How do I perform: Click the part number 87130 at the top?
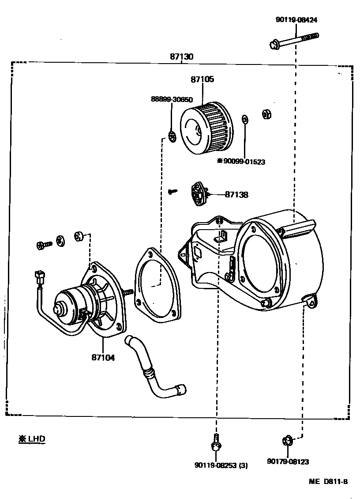pos(181,57)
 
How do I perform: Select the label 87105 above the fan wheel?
pos(202,79)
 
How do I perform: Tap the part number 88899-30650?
pos(172,100)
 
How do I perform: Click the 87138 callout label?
pos(236,194)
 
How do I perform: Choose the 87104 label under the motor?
pos(103,358)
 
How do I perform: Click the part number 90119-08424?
pos(296,20)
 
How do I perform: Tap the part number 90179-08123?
pos(288,462)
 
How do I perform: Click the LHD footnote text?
pos(32,439)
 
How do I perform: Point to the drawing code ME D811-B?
pos(328,482)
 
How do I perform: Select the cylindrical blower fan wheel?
pos(206,127)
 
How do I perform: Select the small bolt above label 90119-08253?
pos(215,443)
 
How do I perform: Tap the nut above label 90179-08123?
pos(287,440)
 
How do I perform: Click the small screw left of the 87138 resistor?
pos(173,192)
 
